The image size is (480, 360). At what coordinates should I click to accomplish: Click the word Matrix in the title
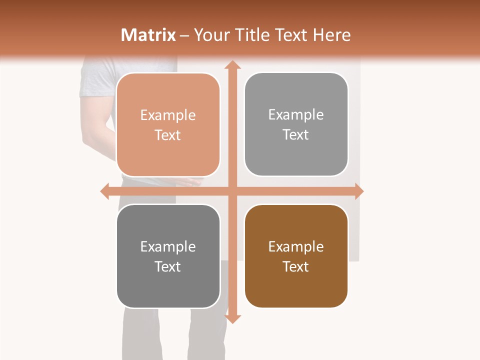[x=148, y=35]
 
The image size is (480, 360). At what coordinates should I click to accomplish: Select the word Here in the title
[x=331, y=35]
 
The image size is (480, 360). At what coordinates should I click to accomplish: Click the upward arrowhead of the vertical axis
[x=232, y=65]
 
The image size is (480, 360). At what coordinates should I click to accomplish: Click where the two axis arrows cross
[x=232, y=191]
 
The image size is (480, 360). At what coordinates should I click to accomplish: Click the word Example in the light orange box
[x=168, y=115]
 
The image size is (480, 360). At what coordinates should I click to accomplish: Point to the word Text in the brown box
[x=296, y=266]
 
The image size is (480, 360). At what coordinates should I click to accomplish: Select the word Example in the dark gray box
[x=168, y=246]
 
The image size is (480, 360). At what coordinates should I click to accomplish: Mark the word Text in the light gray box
[x=296, y=135]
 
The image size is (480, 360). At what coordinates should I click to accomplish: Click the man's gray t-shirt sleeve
[x=95, y=80]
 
